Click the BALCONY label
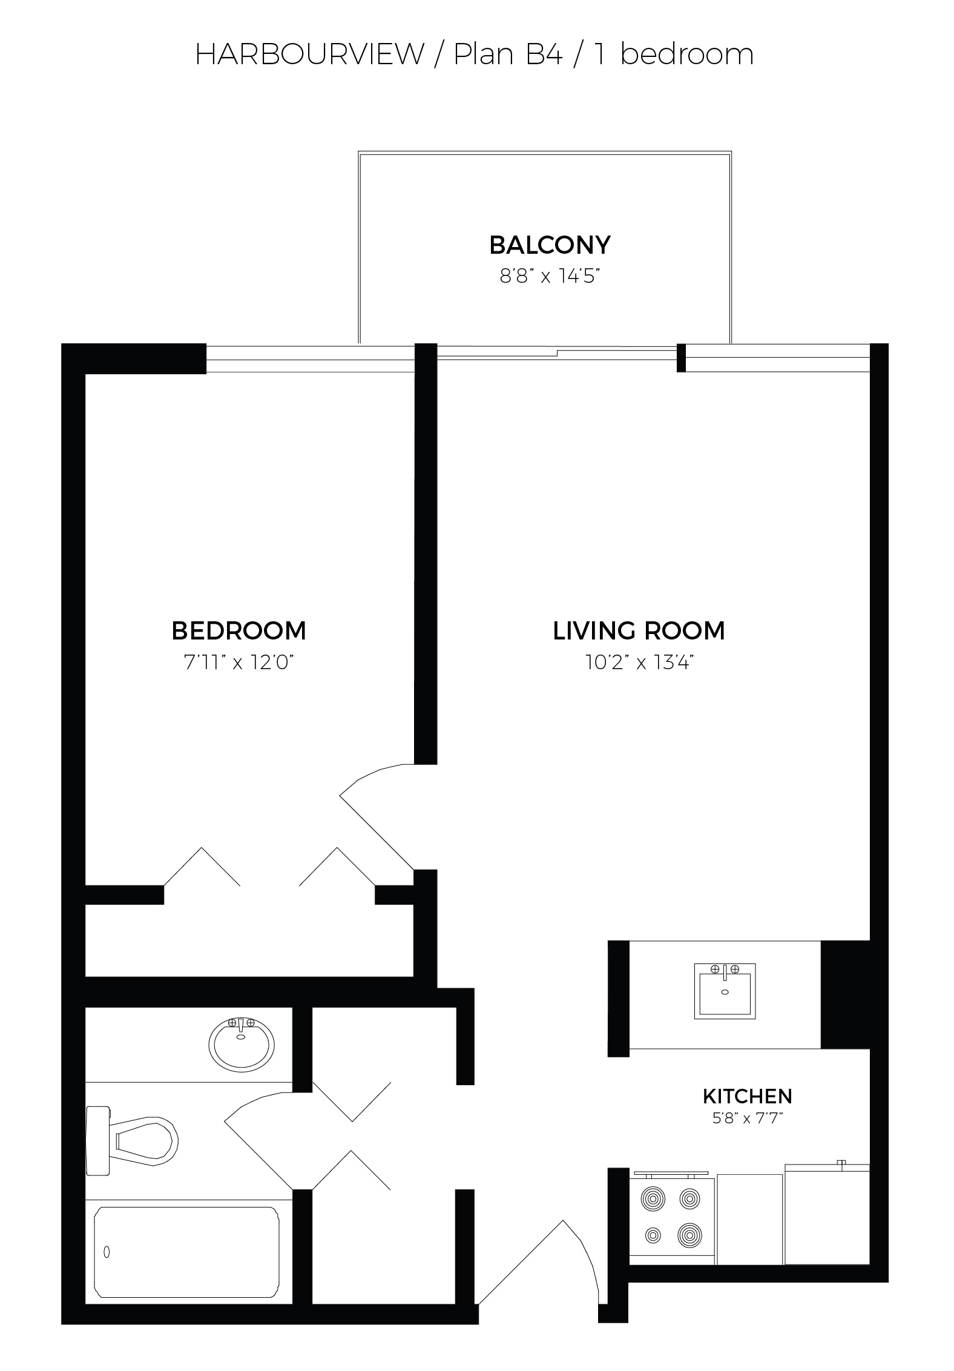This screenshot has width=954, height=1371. (x=550, y=245)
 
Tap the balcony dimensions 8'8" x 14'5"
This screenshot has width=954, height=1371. (x=549, y=277)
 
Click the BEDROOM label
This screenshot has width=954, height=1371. (x=239, y=631)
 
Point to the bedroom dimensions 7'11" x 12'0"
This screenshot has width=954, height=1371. (x=239, y=662)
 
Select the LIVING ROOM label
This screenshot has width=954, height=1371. (x=639, y=631)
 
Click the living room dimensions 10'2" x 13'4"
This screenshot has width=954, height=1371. (x=639, y=662)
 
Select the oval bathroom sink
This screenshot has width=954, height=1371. (x=242, y=1043)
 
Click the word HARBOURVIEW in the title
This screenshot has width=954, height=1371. (x=310, y=55)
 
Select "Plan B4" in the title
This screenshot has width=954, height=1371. (x=508, y=55)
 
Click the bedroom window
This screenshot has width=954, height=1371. (x=311, y=358)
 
